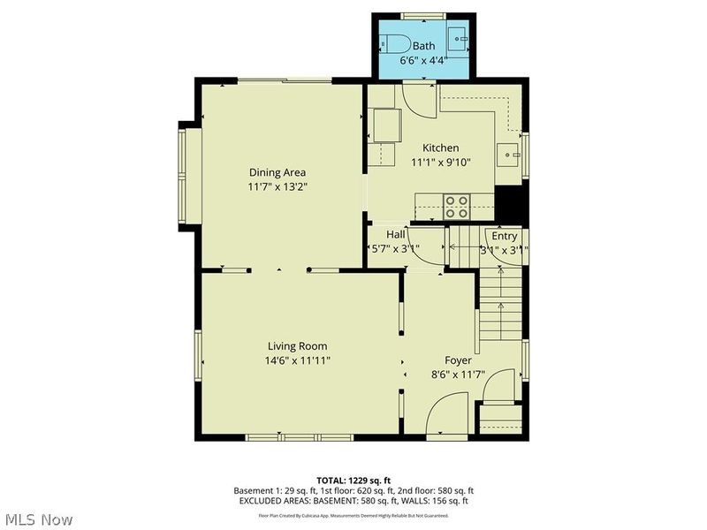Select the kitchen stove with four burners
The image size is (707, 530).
(x=456, y=206)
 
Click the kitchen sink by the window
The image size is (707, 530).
(x=509, y=155)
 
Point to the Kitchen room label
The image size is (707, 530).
(x=440, y=148)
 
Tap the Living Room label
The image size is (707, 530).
(x=298, y=346)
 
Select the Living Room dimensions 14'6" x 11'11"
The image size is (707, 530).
(x=298, y=360)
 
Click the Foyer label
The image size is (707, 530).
(x=457, y=360)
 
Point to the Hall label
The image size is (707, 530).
(x=395, y=235)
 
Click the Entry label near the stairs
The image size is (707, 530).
(x=505, y=236)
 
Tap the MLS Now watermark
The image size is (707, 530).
(x=38, y=519)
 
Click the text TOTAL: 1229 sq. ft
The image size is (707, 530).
(x=353, y=480)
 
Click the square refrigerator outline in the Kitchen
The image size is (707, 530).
(x=386, y=125)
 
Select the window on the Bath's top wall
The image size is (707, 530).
(x=422, y=16)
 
